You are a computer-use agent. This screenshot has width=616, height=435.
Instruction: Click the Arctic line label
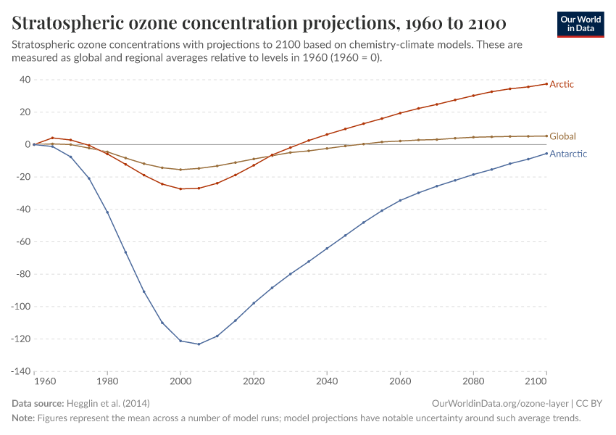(x=562, y=84)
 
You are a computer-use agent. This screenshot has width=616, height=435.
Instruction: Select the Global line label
(x=562, y=136)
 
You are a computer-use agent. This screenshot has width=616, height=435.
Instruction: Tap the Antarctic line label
(x=568, y=154)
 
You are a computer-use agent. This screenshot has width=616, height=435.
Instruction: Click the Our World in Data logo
(x=581, y=24)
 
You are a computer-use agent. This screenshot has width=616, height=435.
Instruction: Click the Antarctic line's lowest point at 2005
(x=199, y=344)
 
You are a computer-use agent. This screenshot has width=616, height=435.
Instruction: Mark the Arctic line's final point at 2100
(x=546, y=84)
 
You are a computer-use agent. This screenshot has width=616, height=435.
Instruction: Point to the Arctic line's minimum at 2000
(x=180, y=188)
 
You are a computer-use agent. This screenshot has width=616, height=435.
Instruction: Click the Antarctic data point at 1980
(x=107, y=212)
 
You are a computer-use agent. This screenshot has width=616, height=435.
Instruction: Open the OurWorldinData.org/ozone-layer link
(x=499, y=403)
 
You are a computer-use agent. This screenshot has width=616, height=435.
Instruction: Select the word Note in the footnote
(x=23, y=418)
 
